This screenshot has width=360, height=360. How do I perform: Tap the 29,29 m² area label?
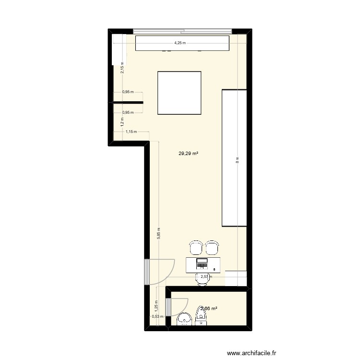(x=189, y=154)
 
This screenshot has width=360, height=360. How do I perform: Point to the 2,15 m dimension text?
(x=122, y=69)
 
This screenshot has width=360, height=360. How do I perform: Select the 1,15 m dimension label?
(x=131, y=132)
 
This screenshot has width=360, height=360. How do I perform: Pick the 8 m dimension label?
(x=237, y=161)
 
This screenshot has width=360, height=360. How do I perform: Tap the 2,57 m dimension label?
(x=206, y=276)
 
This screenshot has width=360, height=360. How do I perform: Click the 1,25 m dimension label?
(x=156, y=304)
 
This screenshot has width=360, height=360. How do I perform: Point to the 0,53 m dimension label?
(x=157, y=316)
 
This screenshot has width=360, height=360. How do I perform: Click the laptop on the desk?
(x=202, y=263)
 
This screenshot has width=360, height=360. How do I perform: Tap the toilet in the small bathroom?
(x=201, y=317)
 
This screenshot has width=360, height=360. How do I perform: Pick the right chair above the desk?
(x=212, y=248)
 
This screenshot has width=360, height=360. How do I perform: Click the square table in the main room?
(x=179, y=93)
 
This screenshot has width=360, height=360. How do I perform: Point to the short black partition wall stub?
(x=128, y=102)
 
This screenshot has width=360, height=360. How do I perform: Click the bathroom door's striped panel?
(x=168, y=307)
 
